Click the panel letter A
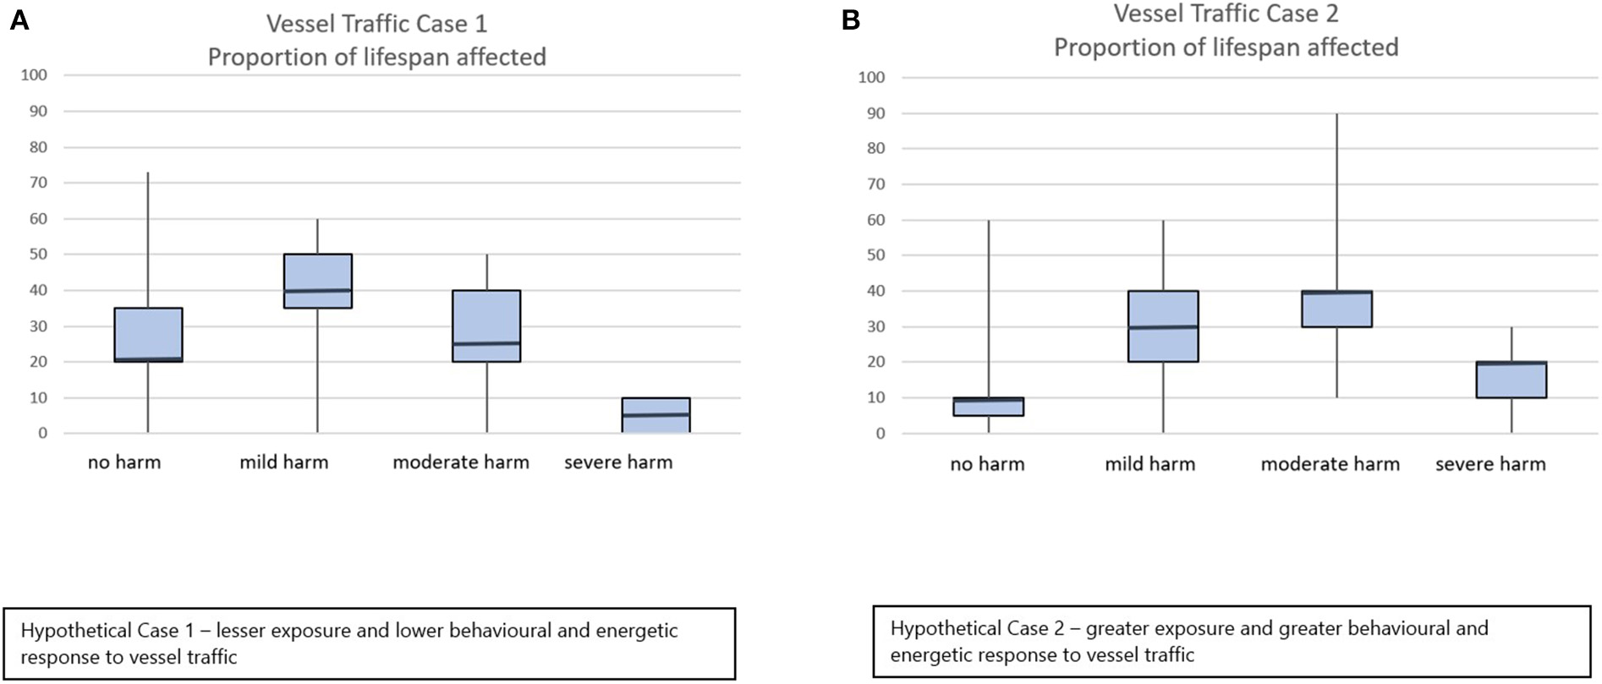coord(19,20)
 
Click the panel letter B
coord(851,20)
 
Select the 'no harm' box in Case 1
coord(148,335)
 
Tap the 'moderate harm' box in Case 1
coord(486,326)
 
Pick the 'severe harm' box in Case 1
coord(656,415)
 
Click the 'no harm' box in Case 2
coord(989,407)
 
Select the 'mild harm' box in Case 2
coord(1163,326)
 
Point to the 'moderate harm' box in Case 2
coord(1337,309)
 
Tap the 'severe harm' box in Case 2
coord(1511,380)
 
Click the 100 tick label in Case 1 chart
coord(34,75)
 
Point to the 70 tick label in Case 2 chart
coord(875,184)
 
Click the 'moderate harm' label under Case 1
coord(461,462)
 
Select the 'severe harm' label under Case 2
coord(1490,464)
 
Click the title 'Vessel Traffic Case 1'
coord(376,24)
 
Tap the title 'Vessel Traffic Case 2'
coord(1226,14)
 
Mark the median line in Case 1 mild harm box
coord(318,290)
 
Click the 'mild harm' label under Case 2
coord(1149,464)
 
